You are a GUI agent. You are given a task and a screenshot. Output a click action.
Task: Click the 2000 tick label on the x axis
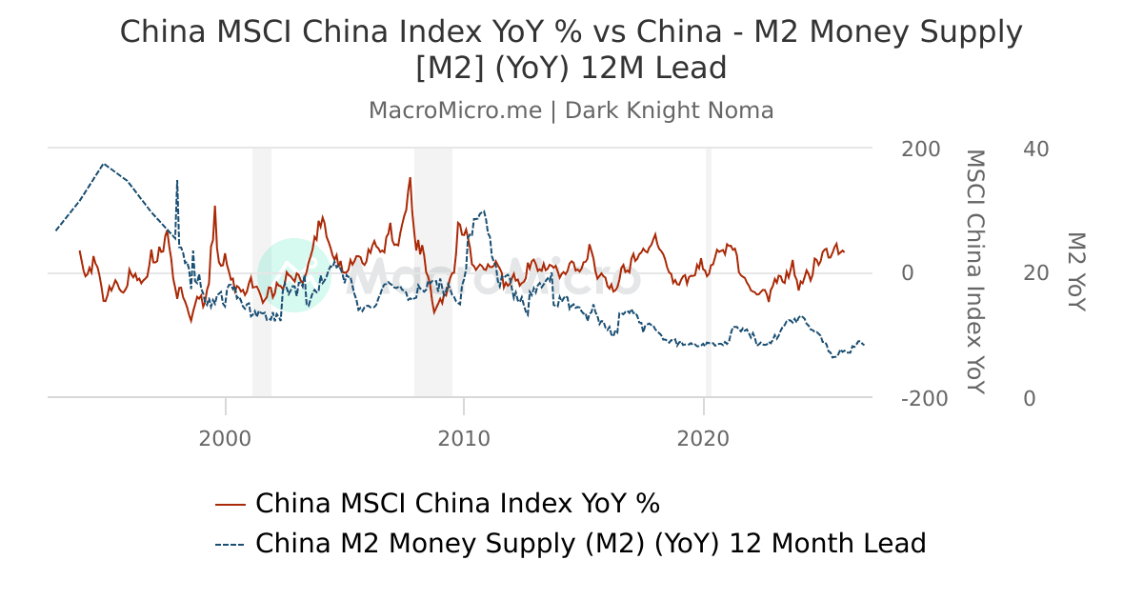[x=226, y=438]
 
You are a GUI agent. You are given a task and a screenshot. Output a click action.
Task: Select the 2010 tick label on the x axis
[x=464, y=438]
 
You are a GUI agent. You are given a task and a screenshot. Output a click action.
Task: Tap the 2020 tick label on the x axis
[x=703, y=438]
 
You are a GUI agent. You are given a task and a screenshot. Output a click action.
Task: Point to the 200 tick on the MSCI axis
[x=920, y=150]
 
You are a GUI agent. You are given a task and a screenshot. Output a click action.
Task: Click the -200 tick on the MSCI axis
[x=924, y=399]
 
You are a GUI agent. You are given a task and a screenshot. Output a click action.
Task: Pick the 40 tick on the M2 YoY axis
[x=1035, y=150]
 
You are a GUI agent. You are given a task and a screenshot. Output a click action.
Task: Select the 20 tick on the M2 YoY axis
[x=1035, y=274]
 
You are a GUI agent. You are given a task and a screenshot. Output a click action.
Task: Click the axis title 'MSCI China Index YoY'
[x=974, y=271]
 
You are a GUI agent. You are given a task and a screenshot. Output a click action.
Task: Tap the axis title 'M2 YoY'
[x=1075, y=271]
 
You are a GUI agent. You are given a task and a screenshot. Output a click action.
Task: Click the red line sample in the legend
[x=231, y=504]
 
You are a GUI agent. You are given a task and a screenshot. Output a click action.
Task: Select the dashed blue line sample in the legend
[x=231, y=544]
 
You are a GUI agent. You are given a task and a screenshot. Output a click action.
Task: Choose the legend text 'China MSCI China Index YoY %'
[x=457, y=504]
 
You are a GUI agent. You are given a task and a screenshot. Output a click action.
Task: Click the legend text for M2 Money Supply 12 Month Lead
[x=591, y=544]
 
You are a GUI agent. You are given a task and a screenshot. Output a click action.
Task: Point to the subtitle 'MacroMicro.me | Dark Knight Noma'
[x=571, y=110]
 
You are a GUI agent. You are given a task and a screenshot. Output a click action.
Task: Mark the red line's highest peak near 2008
[x=411, y=178]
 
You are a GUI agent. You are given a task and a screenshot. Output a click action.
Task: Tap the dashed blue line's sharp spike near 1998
[x=176, y=181]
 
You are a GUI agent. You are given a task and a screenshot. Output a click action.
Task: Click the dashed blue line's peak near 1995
[x=104, y=164]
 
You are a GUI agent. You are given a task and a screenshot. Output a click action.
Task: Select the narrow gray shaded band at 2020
[x=708, y=272]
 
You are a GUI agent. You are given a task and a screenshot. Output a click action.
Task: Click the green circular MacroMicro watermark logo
[x=293, y=274]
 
